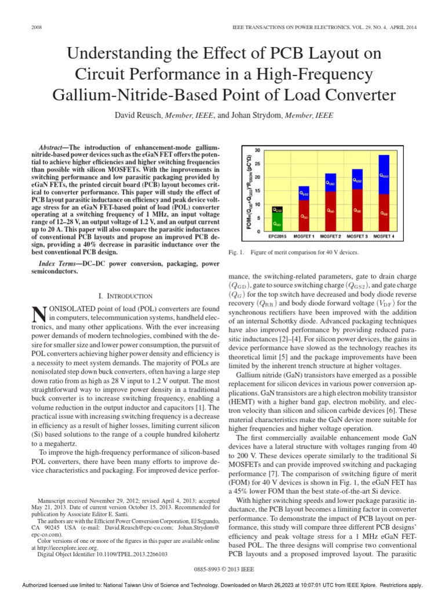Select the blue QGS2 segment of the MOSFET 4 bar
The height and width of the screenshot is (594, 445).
pyautogui.click(x=384, y=175)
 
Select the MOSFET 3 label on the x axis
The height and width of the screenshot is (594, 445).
pyautogui.click(x=357, y=237)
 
